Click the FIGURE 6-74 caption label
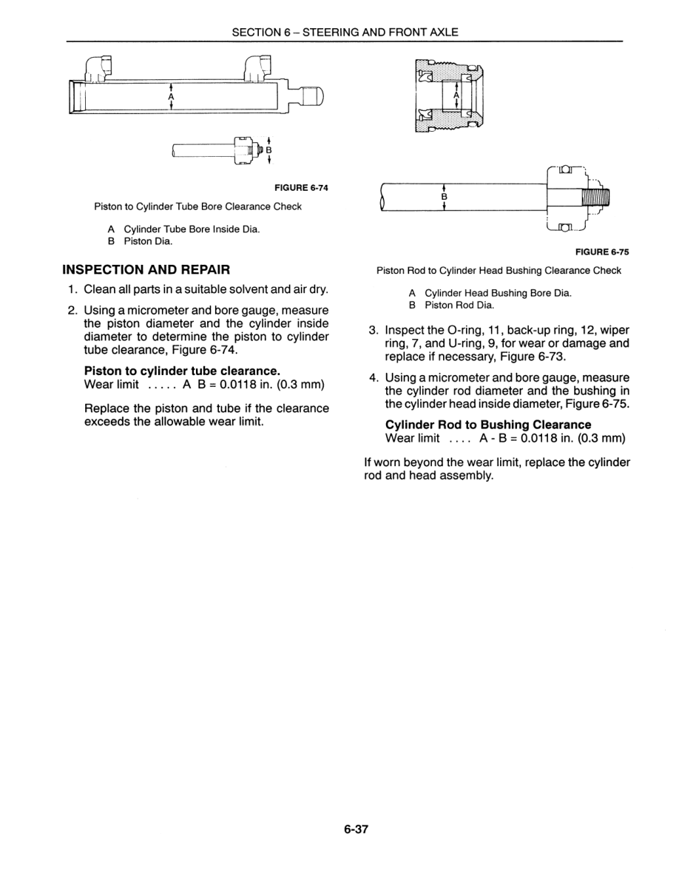click(301, 188)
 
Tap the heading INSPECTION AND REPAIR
click(146, 269)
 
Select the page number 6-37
click(356, 829)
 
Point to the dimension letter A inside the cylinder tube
click(171, 97)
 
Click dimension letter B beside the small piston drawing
click(268, 149)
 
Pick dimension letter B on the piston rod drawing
click(444, 198)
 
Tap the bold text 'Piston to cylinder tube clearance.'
click(181, 371)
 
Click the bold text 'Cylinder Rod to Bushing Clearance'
click(488, 425)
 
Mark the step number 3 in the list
click(374, 330)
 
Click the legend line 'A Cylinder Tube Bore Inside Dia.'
click(183, 229)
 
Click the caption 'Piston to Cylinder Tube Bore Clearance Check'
click(197, 206)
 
